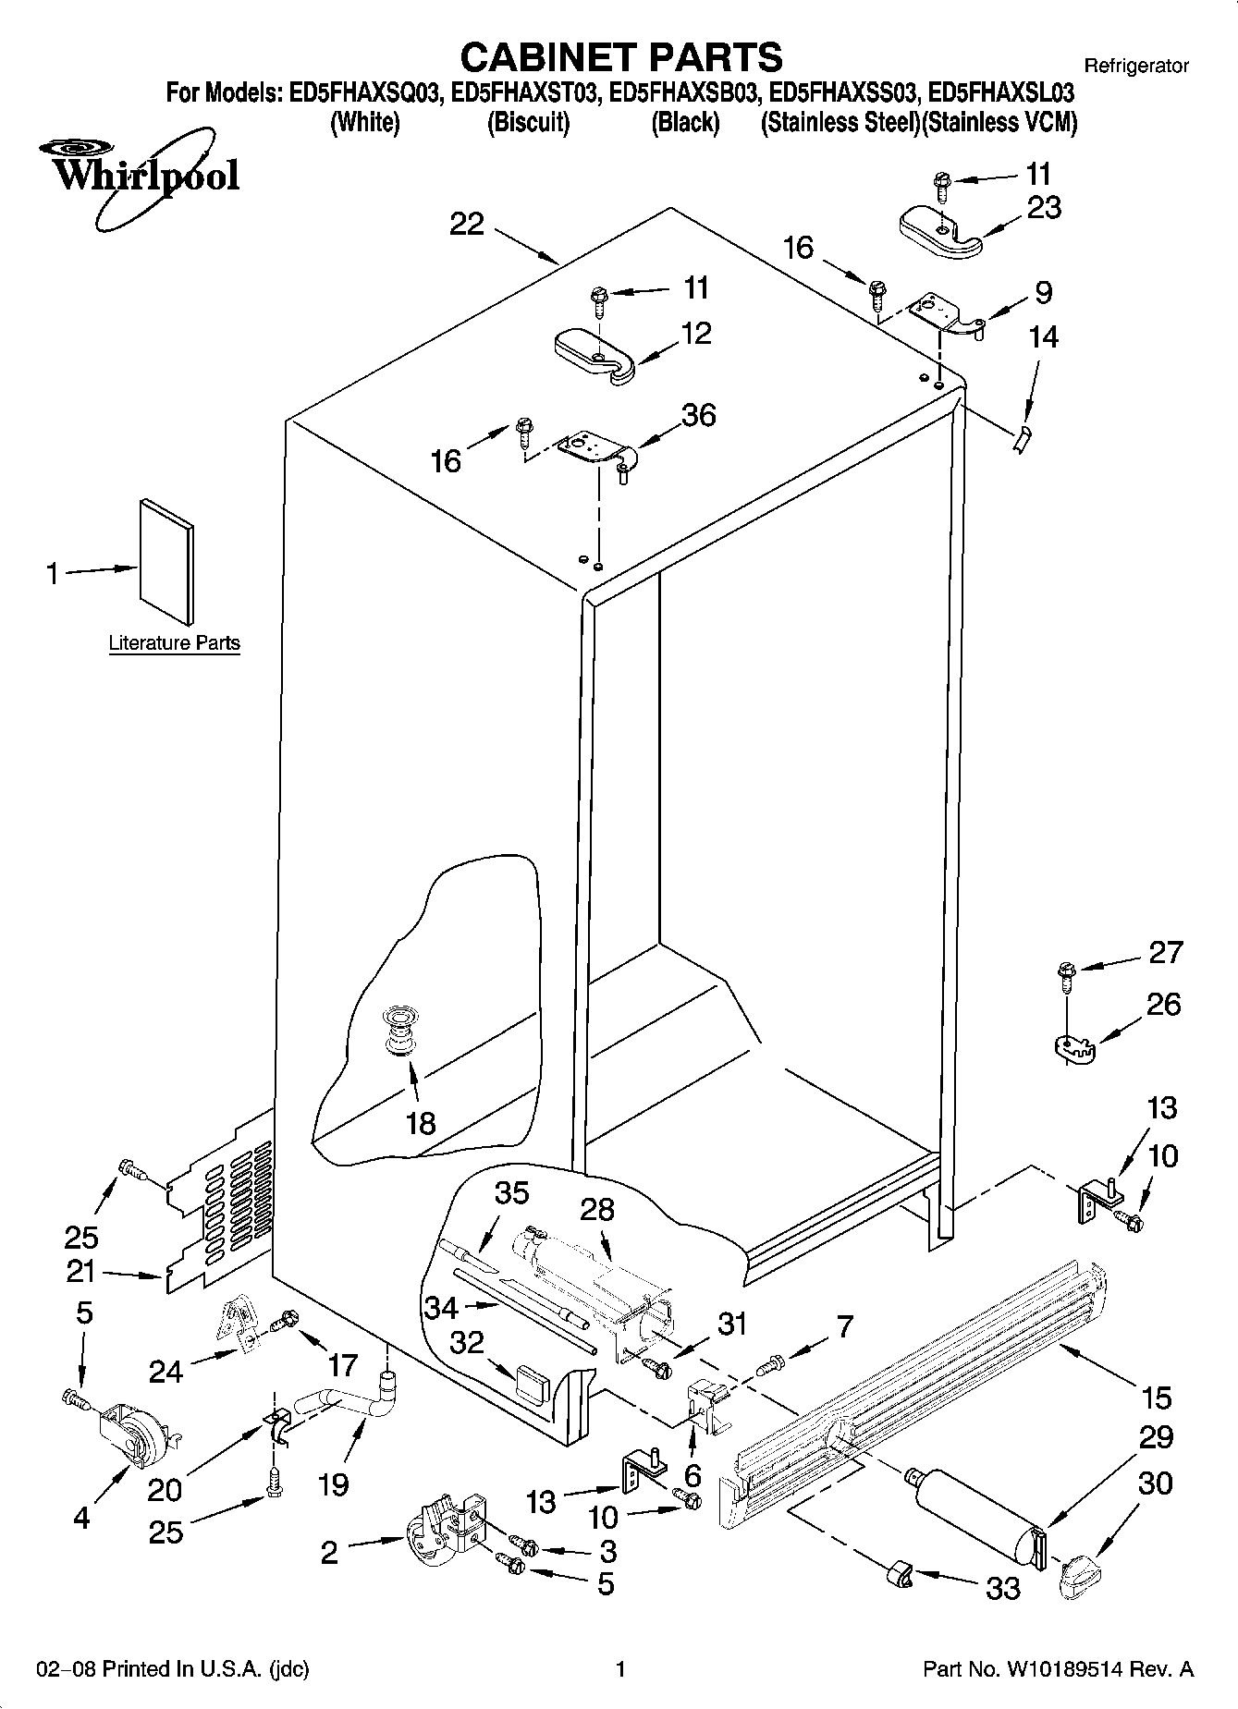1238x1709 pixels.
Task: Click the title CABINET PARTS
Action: [620, 57]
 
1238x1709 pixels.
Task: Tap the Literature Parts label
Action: [174, 642]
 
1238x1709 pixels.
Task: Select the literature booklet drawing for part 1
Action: [167, 561]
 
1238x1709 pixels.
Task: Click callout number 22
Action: [467, 225]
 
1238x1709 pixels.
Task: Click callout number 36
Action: [699, 416]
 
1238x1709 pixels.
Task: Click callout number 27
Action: [1164, 952]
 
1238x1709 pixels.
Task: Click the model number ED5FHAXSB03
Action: [686, 93]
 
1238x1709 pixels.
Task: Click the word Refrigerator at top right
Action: [1135, 66]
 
